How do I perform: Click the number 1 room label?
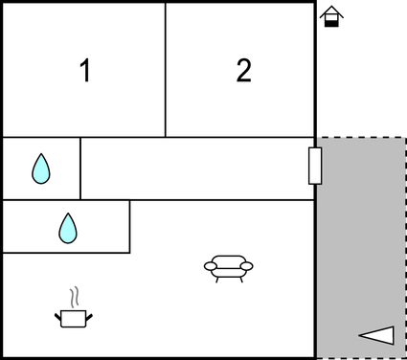85,71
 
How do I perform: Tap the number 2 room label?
244,71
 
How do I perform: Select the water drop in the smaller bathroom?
40,169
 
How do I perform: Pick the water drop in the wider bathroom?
67,227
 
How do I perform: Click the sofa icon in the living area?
229,267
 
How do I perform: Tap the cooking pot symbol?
73,316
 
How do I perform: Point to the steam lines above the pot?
73,295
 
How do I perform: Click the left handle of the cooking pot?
58,312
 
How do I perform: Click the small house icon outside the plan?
330,17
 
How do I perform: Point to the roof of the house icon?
330,11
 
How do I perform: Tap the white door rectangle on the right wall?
314,166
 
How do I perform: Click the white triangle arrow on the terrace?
377,334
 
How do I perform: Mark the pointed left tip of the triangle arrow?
361,335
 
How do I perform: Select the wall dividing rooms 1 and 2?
166,69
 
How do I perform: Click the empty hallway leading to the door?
196,169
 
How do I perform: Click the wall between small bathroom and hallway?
80,169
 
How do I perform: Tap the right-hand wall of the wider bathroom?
129,226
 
